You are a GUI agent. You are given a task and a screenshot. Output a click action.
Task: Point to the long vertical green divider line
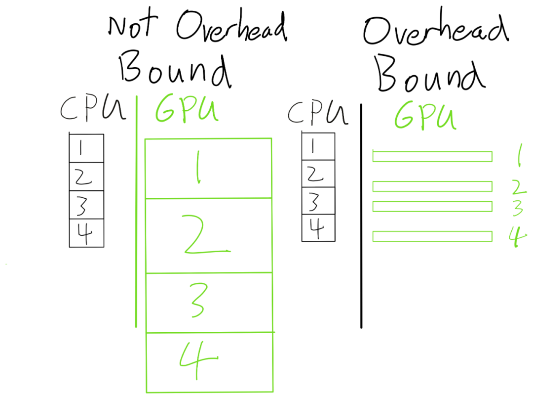click(x=136, y=213)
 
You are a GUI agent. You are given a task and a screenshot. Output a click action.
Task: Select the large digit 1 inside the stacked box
click(x=197, y=167)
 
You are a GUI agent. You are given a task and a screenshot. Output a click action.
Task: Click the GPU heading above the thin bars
click(x=424, y=116)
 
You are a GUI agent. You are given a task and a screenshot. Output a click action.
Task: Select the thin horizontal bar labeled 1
click(x=432, y=157)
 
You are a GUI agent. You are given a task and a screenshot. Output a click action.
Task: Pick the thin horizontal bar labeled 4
click(x=432, y=236)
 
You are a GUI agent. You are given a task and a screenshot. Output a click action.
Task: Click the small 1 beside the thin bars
click(x=518, y=156)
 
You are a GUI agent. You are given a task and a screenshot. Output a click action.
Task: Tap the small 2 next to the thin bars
click(x=518, y=187)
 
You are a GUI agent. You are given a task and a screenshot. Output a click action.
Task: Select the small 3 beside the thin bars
click(x=517, y=208)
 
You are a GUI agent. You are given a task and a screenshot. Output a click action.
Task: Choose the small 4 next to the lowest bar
click(x=517, y=236)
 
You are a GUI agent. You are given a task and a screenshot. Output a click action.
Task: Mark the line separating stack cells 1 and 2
click(x=208, y=198)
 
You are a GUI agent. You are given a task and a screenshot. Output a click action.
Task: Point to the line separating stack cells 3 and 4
click(x=209, y=332)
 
